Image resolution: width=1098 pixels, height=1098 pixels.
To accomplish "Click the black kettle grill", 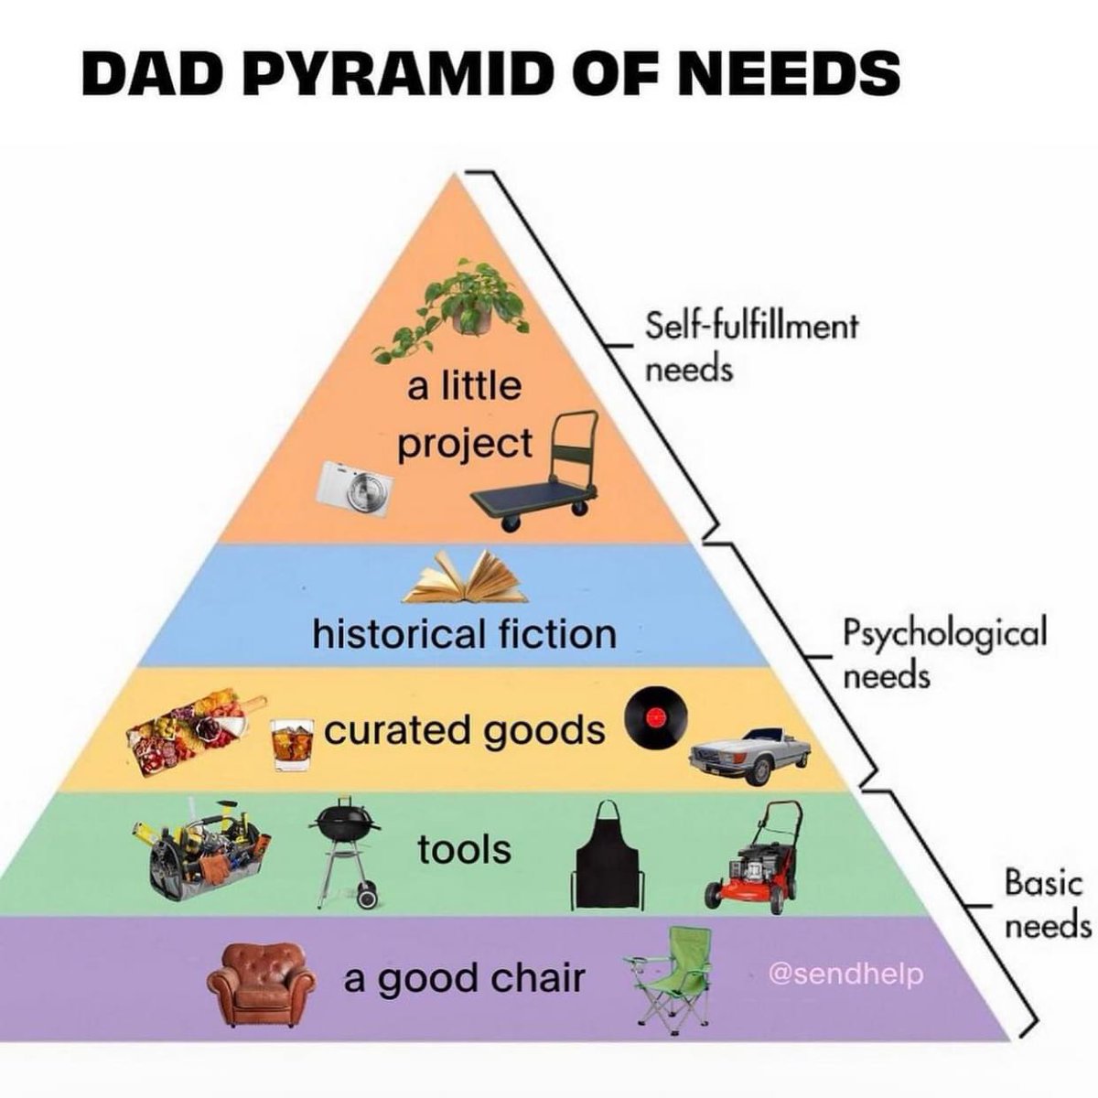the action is point(344,846).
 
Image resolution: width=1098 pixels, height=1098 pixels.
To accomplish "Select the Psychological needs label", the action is point(942,652).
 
